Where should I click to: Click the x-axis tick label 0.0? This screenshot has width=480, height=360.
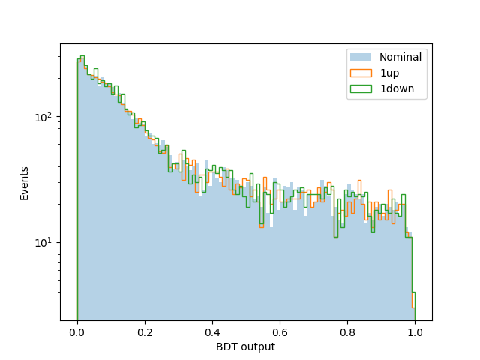tap(77, 332)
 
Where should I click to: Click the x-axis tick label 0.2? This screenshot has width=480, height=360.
tap(145, 332)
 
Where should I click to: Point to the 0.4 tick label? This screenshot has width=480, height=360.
tap(212, 332)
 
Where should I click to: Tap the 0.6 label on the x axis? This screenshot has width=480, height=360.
tap(280, 332)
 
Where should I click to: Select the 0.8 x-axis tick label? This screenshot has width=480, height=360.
tap(347, 332)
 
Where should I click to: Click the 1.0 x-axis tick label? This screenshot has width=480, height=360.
tap(415, 332)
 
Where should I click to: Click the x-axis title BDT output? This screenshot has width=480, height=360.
tap(246, 346)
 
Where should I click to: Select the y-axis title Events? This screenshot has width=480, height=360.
tap(24, 184)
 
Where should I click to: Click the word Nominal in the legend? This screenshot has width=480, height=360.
tap(400, 57)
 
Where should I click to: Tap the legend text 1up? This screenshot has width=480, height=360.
tap(390, 73)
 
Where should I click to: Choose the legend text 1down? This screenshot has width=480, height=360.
tap(397, 88)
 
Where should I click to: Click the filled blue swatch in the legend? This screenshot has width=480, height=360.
tap(361, 57)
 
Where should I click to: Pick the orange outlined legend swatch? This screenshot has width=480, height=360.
tap(361, 73)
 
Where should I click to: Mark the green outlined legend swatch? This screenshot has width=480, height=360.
tap(361, 88)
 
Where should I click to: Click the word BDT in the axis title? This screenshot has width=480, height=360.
tap(227, 346)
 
